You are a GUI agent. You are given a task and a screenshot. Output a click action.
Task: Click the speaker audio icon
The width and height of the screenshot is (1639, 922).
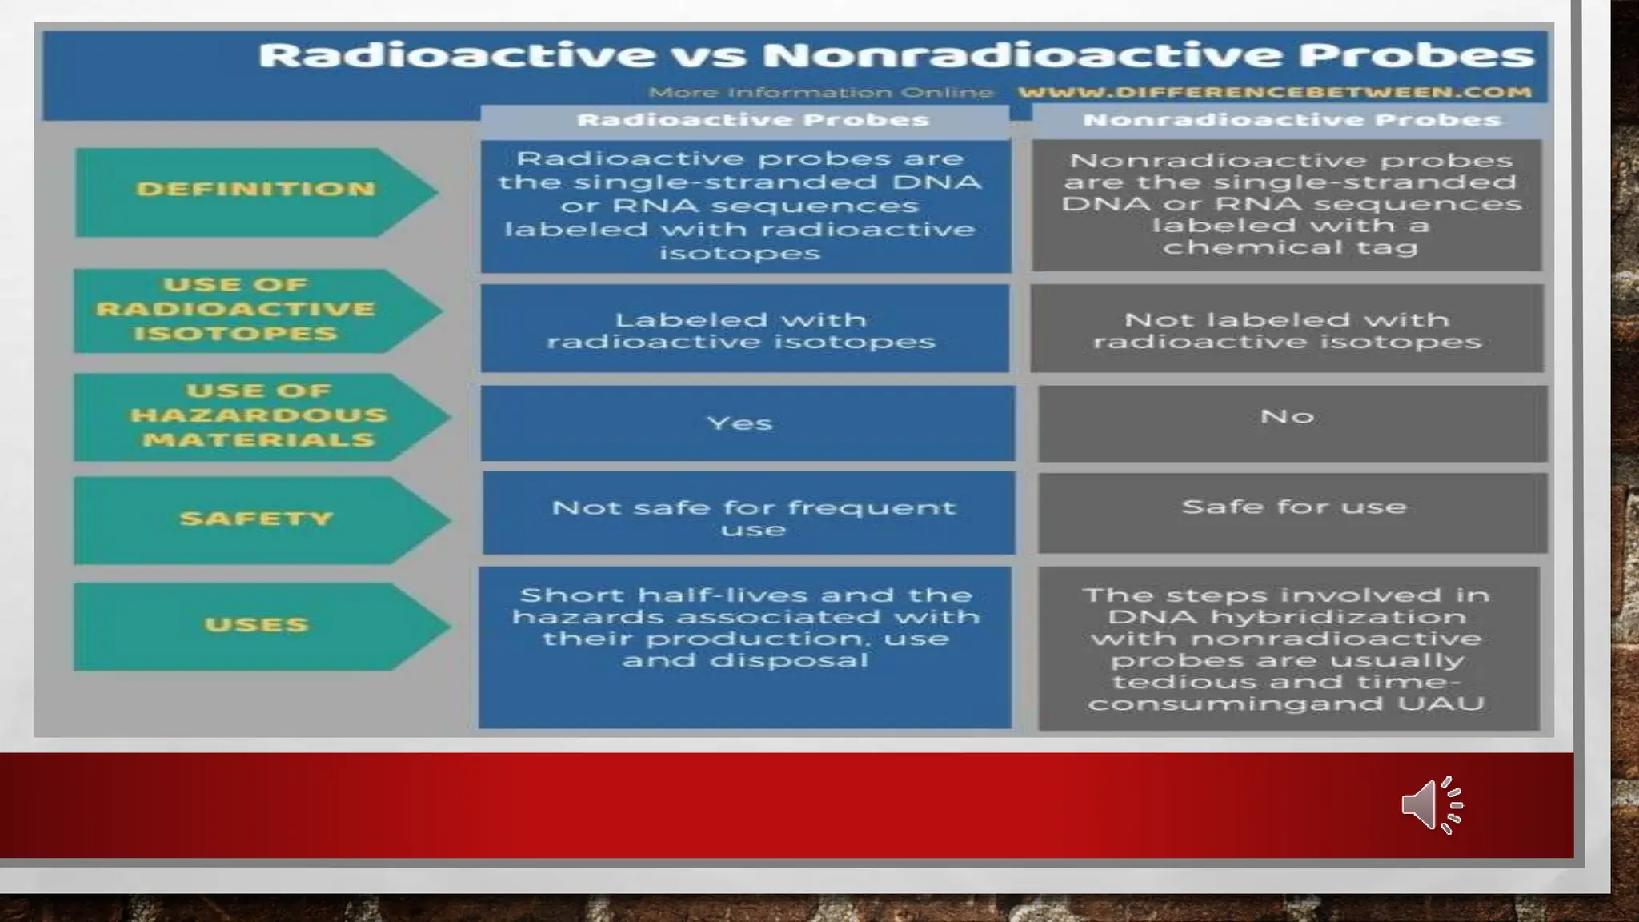click(x=1431, y=805)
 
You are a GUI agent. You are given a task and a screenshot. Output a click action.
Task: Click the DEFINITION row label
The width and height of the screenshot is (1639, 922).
click(x=255, y=190)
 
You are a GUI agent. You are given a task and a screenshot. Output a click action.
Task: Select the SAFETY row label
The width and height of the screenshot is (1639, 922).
click(x=256, y=519)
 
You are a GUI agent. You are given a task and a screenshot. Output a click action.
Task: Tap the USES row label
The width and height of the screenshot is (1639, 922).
click(x=256, y=624)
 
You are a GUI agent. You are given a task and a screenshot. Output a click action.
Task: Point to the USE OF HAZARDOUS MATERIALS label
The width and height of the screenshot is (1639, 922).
click(x=258, y=415)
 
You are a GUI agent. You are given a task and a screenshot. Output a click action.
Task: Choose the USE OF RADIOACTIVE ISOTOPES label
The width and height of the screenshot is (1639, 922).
click(x=235, y=310)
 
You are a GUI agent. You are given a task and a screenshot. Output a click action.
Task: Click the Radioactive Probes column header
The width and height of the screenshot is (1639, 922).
click(x=752, y=121)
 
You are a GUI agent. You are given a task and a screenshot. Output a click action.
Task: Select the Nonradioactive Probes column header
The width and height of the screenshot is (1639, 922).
click(x=1291, y=121)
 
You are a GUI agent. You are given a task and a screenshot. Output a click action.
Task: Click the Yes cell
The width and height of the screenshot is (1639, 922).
click(x=740, y=423)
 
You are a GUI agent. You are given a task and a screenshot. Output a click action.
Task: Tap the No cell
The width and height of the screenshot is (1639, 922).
click(x=1287, y=416)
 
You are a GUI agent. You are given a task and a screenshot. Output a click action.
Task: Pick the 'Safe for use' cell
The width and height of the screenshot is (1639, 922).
click(x=1293, y=507)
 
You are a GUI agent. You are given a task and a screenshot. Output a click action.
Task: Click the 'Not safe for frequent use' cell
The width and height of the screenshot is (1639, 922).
click(x=752, y=517)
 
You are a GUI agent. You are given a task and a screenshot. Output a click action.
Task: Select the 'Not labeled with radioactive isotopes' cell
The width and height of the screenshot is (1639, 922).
click(x=1287, y=330)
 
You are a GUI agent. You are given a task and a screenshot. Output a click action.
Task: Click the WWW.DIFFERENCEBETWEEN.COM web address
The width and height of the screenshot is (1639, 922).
click(x=1274, y=92)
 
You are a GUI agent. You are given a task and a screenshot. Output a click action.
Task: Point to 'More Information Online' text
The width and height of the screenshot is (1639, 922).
click(x=820, y=93)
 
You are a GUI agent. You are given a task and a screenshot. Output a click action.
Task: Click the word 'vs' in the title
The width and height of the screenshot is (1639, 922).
click(x=708, y=56)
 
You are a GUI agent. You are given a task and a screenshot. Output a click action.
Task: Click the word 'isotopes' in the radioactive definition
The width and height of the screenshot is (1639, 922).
click(x=739, y=254)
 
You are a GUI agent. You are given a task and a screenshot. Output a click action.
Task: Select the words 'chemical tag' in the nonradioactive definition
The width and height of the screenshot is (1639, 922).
click(x=1290, y=247)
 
